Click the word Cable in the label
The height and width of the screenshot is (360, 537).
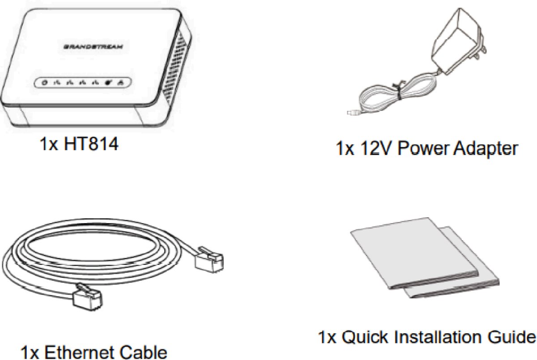(x=144, y=352)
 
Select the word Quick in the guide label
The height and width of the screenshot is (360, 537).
(x=362, y=338)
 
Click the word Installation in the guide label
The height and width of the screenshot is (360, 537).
(x=439, y=338)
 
